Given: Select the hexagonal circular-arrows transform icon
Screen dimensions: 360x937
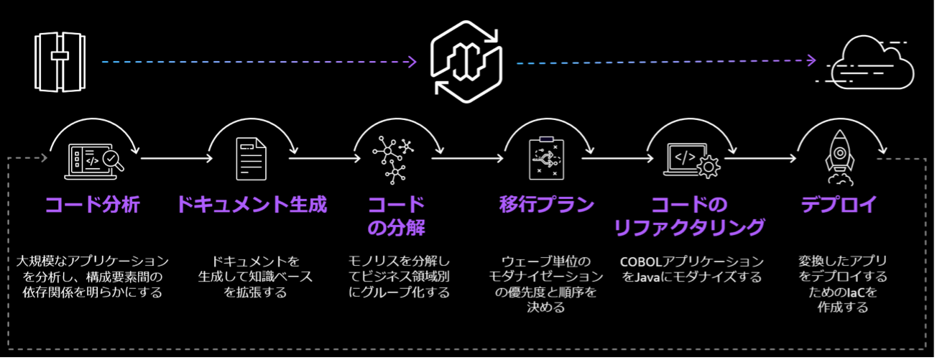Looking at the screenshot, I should point(466,62).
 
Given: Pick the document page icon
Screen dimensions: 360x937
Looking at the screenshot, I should point(251,159).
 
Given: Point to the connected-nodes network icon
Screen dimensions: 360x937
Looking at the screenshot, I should point(394,160).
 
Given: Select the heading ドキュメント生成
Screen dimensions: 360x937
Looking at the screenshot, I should point(251,205).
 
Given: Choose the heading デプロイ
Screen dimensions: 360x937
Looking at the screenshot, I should point(839,205).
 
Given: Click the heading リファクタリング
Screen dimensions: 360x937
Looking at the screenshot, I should point(689,228).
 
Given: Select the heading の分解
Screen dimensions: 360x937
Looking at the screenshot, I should point(396,228).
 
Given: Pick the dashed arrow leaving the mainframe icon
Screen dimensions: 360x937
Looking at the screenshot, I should point(259,63).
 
